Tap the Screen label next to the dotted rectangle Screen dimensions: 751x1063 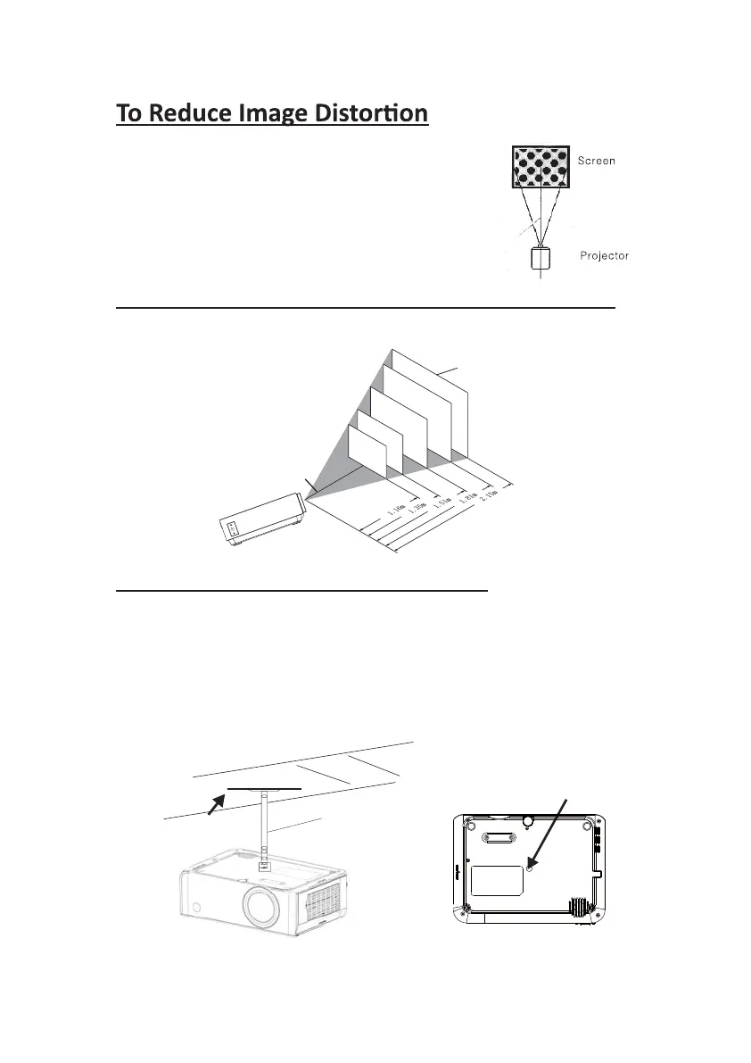coord(598,162)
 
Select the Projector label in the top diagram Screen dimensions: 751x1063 coord(604,255)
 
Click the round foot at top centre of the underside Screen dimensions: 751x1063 coord(528,819)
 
